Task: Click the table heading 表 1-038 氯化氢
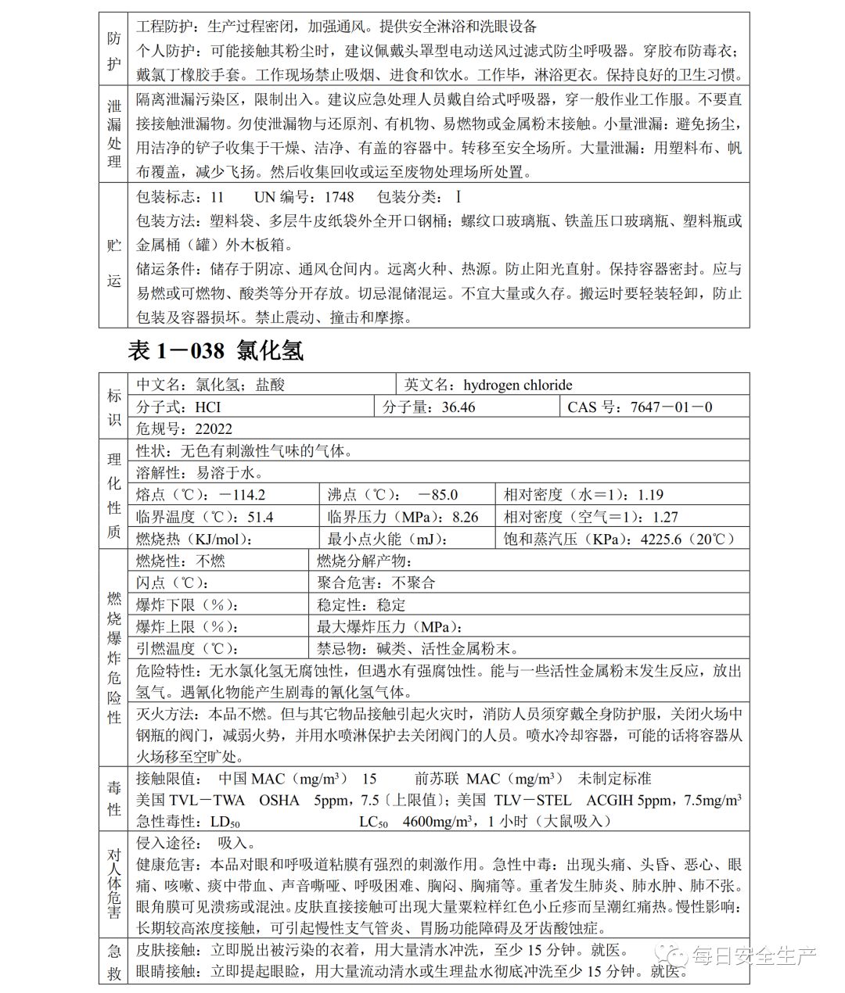pos(216,351)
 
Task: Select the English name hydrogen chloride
pos(517,385)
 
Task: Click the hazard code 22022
pos(214,428)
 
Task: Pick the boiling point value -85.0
pos(438,495)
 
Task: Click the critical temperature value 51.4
pos(261,517)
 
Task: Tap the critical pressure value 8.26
pos(466,517)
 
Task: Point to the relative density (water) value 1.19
pos(650,495)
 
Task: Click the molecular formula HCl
pos(208,407)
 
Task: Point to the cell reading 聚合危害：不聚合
pos(376,583)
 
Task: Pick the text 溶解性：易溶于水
pos(199,472)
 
